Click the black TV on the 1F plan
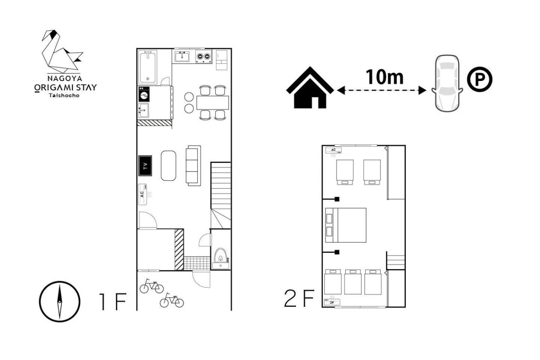145,166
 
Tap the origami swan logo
62,51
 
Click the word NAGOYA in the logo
64,78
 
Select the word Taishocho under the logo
64,95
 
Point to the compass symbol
60,301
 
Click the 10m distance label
384,77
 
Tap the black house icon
310,87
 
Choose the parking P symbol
480,79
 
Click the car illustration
447,83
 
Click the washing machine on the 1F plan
144,94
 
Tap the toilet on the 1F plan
220,256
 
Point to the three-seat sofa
193,166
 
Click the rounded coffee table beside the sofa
168,166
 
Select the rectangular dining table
213,103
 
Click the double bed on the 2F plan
346,225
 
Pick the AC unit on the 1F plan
142,194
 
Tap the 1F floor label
113,301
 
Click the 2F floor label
299,298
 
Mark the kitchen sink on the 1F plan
182,57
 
